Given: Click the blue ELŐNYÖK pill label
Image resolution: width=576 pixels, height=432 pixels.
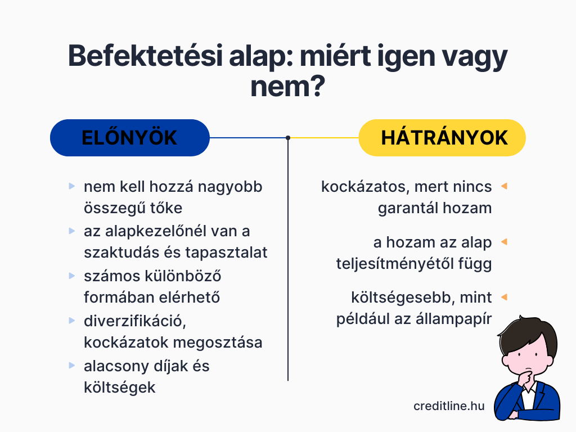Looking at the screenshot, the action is tap(130, 138).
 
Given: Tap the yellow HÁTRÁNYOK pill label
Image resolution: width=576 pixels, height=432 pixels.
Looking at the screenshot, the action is tap(442, 138).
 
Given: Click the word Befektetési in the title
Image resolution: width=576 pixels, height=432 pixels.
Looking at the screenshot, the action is tap(146, 56).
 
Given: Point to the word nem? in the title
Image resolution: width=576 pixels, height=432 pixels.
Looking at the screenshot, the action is tap(287, 87).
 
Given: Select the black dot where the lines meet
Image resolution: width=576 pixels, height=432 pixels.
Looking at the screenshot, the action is tap(288, 138).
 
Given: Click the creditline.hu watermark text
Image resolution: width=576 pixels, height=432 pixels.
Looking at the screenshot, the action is tap(449, 406).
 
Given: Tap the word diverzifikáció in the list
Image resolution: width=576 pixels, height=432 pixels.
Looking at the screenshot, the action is tap(135, 321).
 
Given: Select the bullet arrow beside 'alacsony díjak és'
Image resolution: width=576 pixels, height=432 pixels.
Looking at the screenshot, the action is tap(72, 366).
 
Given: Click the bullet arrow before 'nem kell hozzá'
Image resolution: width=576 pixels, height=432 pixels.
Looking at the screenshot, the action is tap(72, 186).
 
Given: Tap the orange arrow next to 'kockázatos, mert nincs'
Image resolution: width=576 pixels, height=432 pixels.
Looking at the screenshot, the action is tap(504, 186).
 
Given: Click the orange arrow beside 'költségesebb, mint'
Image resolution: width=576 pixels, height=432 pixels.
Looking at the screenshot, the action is tap(504, 297).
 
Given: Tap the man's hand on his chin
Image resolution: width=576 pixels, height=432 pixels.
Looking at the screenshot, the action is tap(527, 378).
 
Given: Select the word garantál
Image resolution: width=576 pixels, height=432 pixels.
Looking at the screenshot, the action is tap(407, 208).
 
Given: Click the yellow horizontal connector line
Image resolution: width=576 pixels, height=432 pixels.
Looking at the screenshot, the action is tap(325, 138).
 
